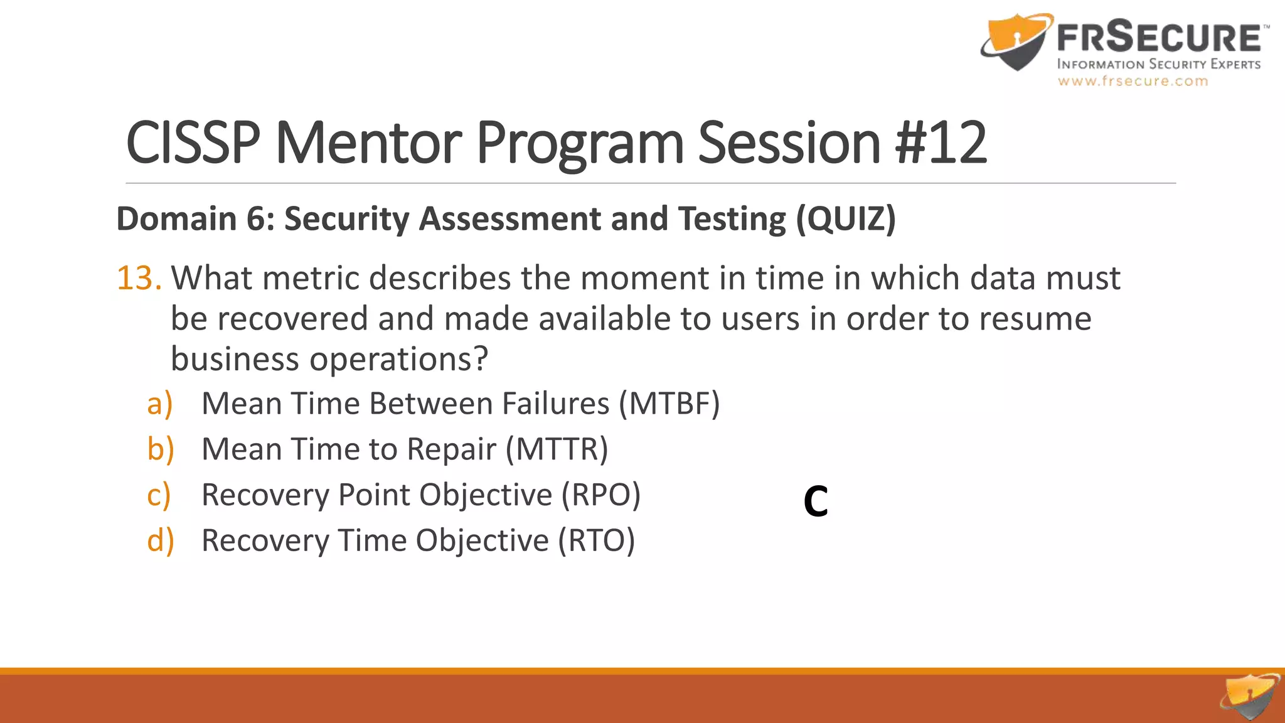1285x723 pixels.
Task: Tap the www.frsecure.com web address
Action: click(1133, 81)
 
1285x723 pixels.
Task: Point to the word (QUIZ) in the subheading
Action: click(846, 219)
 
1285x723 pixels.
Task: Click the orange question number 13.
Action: click(139, 278)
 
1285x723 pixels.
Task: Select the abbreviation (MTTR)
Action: click(557, 449)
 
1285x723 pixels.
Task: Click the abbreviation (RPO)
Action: click(600, 495)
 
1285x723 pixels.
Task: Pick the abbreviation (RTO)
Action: click(597, 540)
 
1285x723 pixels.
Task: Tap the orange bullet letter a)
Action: click(159, 404)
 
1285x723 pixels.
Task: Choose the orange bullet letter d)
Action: click(160, 540)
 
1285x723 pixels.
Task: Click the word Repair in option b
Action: click(451, 449)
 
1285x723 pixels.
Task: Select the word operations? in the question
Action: click(398, 359)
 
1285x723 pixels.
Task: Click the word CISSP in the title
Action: click(193, 143)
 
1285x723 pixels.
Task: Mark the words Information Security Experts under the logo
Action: click(1158, 64)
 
